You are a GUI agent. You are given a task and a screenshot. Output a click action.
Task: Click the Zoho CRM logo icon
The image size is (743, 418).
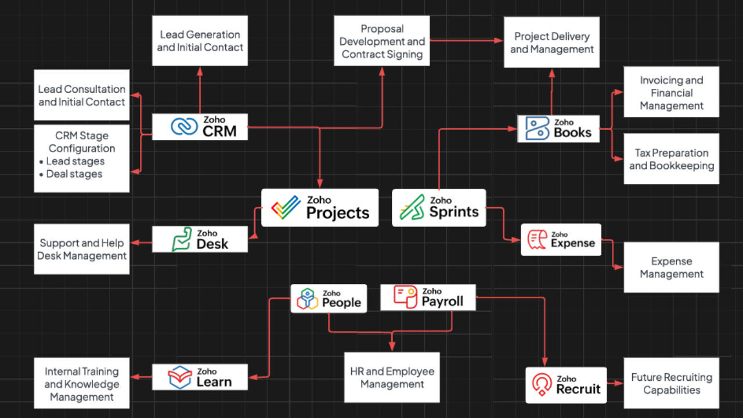[x=185, y=127]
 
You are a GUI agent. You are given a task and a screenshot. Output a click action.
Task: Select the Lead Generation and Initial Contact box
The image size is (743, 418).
[x=200, y=41]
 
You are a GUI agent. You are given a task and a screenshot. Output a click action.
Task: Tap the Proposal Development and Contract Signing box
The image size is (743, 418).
[x=382, y=41]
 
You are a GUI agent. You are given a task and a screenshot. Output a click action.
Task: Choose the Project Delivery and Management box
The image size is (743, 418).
[x=551, y=42]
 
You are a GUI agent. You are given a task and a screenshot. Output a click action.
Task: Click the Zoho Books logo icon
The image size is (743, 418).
[x=537, y=128]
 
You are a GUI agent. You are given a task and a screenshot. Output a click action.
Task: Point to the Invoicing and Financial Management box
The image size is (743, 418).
[x=671, y=93]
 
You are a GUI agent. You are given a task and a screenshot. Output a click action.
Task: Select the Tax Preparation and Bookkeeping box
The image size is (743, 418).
[x=671, y=159]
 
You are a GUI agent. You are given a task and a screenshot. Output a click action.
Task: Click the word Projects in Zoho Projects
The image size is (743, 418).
[x=338, y=213]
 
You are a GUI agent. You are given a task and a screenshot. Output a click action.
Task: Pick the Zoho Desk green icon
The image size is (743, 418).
[x=182, y=239]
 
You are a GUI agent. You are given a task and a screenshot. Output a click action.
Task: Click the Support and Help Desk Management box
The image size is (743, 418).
[x=82, y=249]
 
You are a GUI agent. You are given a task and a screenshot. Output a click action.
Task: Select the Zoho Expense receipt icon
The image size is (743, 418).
[x=536, y=239]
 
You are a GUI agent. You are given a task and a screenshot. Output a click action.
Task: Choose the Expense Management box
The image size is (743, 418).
[x=671, y=268]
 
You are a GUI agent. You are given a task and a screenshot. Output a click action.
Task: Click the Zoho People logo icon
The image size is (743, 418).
[x=306, y=298]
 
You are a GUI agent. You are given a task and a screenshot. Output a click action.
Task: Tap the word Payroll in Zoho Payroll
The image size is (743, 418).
[x=442, y=301]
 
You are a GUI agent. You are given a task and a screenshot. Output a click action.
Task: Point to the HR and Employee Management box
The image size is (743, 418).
[x=392, y=377]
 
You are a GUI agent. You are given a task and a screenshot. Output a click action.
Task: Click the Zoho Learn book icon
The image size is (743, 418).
[x=180, y=377]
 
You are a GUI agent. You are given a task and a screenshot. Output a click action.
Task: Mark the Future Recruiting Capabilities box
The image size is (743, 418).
[x=671, y=383]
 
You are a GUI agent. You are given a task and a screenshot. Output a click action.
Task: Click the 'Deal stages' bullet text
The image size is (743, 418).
[x=74, y=174]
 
